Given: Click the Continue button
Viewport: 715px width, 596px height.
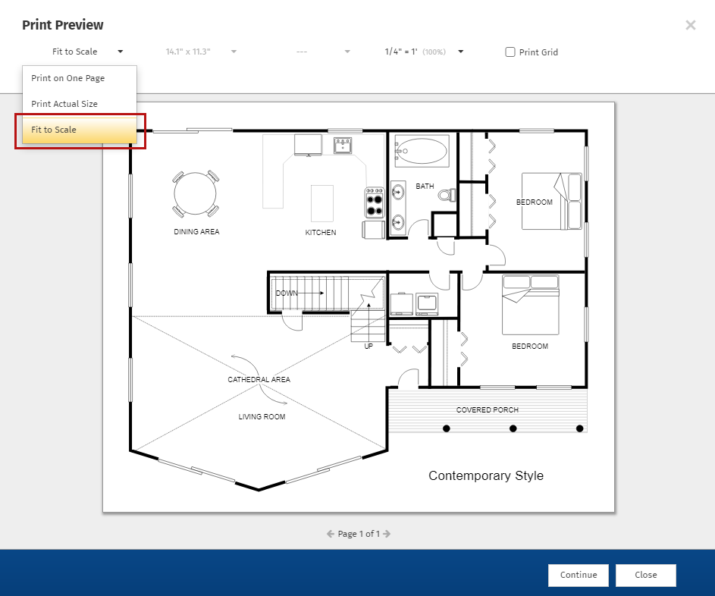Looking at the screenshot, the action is [x=579, y=575].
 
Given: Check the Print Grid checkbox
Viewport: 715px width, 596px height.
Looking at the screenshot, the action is [x=510, y=52].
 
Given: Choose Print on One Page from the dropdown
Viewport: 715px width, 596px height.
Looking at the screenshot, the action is [x=68, y=78].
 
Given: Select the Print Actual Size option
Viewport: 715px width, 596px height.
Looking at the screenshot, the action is [x=64, y=104].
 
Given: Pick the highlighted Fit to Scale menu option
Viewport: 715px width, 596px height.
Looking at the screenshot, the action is [x=80, y=130].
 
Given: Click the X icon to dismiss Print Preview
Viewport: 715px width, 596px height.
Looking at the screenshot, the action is [x=691, y=25].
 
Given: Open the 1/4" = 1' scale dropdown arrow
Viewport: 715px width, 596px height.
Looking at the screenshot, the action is [x=460, y=52].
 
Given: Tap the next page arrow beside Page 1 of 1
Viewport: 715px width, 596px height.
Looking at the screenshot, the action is [x=387, y=534].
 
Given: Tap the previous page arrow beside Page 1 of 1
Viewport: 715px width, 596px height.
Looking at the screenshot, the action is [x=331, y=534].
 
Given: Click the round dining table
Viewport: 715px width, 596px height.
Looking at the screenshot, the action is [x=195, y=193].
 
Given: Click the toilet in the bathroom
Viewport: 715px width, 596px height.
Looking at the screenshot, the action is [x=447, y=195].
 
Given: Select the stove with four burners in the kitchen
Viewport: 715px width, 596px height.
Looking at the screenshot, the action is [x=375, y=202].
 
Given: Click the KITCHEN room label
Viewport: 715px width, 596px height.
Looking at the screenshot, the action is [x=321, y=233].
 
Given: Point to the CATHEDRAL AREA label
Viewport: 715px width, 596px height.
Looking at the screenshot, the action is [x=259, y=379].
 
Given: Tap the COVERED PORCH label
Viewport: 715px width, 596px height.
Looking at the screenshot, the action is [x=488, y=410].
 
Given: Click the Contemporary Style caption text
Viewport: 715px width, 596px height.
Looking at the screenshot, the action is [x=486, y=475].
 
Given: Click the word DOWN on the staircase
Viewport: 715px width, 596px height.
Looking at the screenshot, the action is [x=287, y=293].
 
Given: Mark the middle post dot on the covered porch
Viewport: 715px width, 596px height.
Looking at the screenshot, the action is [x=513, y=428].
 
